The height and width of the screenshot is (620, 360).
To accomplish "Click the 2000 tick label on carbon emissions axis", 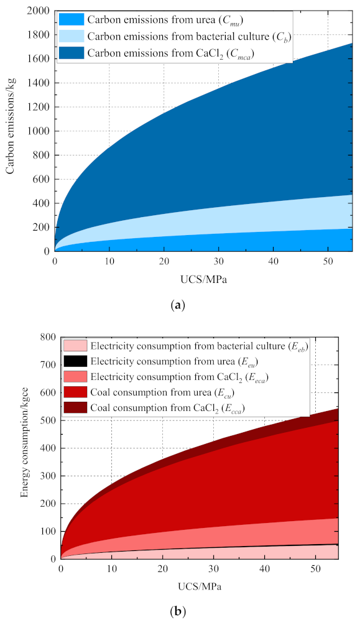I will [39, 11].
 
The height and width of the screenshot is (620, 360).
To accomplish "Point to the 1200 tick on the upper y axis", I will [39, 107].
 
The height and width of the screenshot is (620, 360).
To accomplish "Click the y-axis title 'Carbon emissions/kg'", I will [11, 131].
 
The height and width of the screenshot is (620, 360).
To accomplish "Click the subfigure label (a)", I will [180, 305].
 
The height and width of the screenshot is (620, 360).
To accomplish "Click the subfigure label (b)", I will [180, 611].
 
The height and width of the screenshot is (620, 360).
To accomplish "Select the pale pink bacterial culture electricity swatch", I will [75, 345].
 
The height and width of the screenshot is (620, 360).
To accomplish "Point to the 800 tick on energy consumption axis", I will [48, 338].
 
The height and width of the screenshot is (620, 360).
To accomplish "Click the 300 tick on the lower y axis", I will [48, 476].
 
